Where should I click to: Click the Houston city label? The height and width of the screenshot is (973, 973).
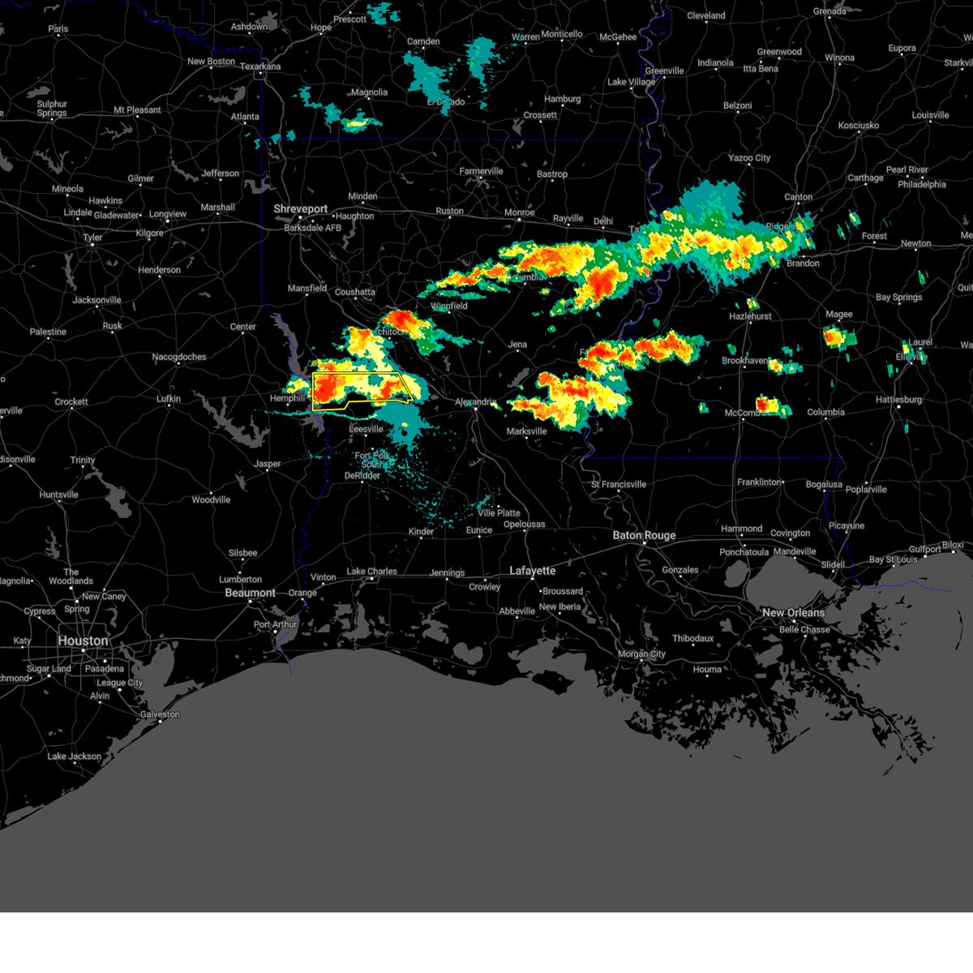point(83,641)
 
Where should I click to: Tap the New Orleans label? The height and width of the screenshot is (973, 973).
point(793,613)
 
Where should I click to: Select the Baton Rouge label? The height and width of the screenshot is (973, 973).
point(644,535)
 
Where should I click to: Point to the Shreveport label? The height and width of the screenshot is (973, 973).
point(300,209)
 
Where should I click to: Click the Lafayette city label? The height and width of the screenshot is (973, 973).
point(533,571)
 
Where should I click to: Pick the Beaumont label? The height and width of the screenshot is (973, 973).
point(250,593)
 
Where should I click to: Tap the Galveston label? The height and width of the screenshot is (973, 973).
point(160,714)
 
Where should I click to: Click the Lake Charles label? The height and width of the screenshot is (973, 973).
point(371,572)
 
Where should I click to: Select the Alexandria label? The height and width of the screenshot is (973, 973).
point(475,402)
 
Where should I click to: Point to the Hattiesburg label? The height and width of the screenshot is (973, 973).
point(899,400)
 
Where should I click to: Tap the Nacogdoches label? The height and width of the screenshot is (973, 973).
point(179,357)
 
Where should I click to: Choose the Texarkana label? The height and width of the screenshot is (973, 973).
point(260,66)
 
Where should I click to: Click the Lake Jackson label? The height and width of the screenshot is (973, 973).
point(75,757)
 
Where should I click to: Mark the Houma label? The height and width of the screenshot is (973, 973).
point(707,670)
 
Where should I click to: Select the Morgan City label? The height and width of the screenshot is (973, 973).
point(641,654)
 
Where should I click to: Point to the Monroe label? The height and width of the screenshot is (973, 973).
point(520,212)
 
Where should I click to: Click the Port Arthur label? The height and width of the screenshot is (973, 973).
point(276,624)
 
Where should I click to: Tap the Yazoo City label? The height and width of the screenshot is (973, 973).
point(749,158)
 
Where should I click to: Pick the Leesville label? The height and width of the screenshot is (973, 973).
point(366,429)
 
